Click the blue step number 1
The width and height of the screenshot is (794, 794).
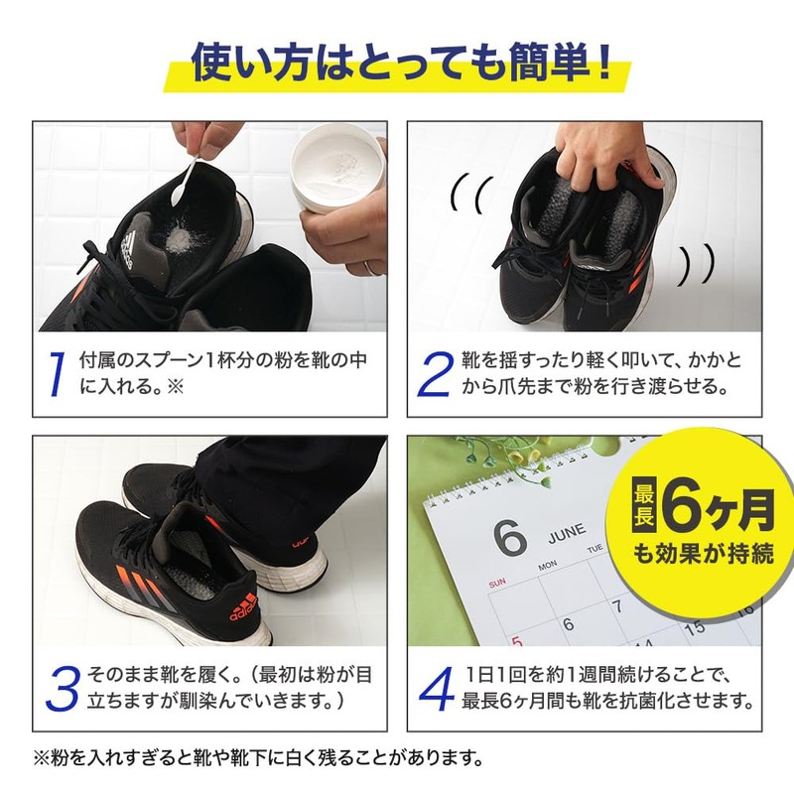click(x=58, y=374)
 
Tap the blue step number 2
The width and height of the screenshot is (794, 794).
click(x=435, y=374)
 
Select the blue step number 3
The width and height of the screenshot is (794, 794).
click(x=63, y=689)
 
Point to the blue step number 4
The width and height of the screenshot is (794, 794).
click(x=437, y=689)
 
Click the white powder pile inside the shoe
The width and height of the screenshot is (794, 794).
click(x=177, y=236)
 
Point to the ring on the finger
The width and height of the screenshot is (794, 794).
click(x=374, y=268)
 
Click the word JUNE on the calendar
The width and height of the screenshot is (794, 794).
click(x=567, y=533)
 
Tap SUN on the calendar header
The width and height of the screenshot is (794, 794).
click(x=497, y=583)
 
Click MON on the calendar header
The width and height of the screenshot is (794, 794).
click(x=548, y=566)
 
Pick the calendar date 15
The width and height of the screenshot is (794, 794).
click(x=694, y=628)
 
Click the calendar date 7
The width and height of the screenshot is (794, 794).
click(x=616, y=606)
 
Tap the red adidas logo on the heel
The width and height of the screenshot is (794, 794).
click(x=243, y=605)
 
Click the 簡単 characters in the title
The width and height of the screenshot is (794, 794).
click(x=550, y=62)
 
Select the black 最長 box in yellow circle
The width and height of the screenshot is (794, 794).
click(x=644, y=504)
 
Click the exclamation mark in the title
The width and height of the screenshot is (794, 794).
click(x=604, y=61)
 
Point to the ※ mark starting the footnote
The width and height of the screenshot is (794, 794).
click(x=41, y=758)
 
